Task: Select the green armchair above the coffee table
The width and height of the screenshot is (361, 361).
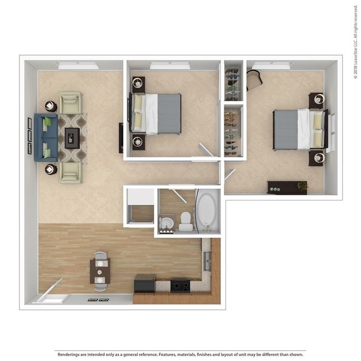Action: tap(71, 103)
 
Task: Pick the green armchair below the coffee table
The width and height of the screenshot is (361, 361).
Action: tap(71, 172)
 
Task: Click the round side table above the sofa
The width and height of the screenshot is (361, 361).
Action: tap(51, 106)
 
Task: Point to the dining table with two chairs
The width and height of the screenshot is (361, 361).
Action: tap(100, 271)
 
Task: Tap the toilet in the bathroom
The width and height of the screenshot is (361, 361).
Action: tap(186, 221)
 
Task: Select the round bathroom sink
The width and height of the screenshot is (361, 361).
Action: tap(167, 223)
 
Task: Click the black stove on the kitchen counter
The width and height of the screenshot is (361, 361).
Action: tap(180, 284)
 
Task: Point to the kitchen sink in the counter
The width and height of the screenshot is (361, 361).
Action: tap(208, 260)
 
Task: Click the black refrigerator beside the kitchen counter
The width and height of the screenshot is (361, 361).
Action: tap(145, 283)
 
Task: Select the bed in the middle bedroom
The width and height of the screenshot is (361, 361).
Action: tap(158, 113)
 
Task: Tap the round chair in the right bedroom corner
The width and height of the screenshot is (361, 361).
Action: tap(254, 81)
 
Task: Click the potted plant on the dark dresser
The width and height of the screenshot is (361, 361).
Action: tap(303, 186)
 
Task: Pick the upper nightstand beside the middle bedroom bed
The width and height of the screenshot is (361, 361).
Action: tap(138, 85)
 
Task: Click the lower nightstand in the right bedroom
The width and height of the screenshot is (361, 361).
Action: tap(317, 158)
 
